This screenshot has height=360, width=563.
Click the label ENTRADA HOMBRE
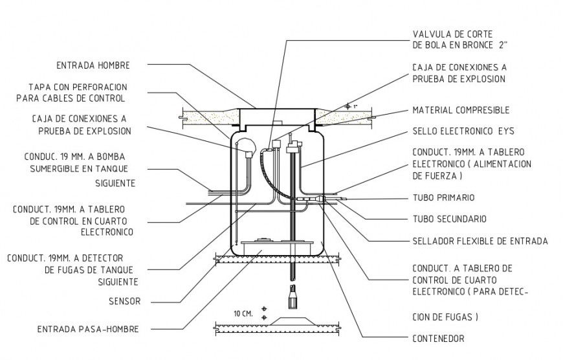(93, 65)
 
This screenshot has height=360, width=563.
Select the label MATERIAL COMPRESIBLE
(461, 110)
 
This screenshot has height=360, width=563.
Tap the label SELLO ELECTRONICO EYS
(463, 131)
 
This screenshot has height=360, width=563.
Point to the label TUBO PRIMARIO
(443, 197)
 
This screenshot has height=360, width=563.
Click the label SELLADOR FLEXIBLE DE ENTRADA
(480, 242)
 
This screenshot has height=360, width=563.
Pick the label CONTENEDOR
(438, 338)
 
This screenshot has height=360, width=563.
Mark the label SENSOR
(126, 301)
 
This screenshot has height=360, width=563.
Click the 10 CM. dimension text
(243, 313)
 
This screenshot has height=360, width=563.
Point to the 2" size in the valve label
(502, 45)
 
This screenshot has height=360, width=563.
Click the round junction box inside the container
(247, 148)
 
